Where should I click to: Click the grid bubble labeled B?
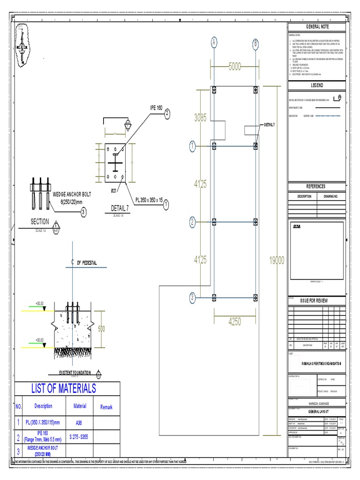pos(255,44)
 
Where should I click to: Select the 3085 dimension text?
pos(200,118)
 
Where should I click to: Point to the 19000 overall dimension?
pos(276,261)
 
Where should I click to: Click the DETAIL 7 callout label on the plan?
pos(270,125)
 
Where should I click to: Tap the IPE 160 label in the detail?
pos(156,108)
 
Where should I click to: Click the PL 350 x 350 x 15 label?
pos(149,200)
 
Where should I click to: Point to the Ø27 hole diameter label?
pos(114,191)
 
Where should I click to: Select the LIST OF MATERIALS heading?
pos(63,388)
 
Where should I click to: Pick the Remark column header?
pos(106,407)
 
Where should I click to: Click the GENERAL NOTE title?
pos(317,27)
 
